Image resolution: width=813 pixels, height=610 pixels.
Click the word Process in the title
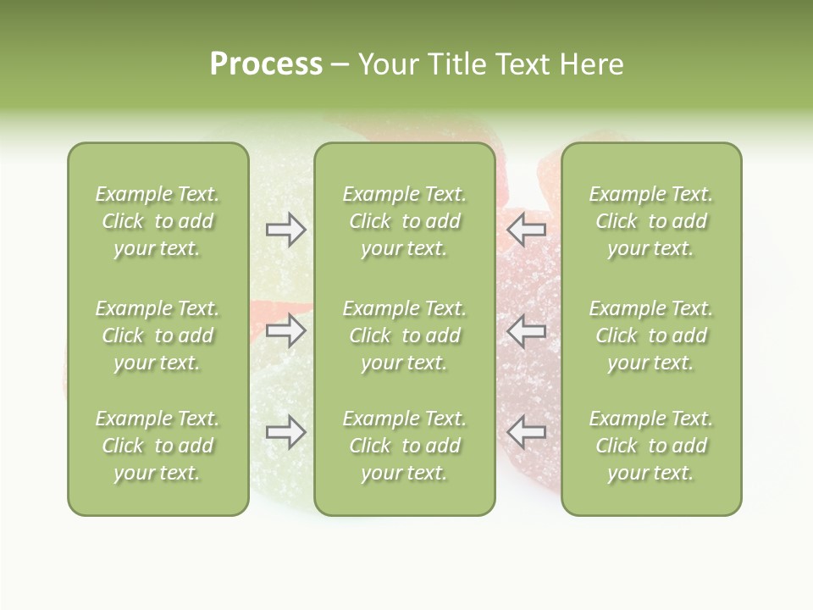pos(266,64)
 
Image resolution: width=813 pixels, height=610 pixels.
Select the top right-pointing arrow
pos(285,230)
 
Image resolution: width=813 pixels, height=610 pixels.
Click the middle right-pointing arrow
pos(285,330)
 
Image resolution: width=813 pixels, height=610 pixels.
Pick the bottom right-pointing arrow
pos(285,432)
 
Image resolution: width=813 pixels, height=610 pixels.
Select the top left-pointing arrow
pos(526,230)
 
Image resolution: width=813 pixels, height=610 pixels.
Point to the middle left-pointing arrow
pos(526,330)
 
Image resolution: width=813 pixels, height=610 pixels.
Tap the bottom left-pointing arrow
pos(526,432)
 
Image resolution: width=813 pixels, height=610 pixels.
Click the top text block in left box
pos(158,221)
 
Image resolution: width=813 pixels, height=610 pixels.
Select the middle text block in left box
pos(158,335)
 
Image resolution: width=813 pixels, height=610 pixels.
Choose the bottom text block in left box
pos(158,446)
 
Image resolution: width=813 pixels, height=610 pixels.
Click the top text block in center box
pos(404,221)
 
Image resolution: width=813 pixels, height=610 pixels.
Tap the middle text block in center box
pos(404,335)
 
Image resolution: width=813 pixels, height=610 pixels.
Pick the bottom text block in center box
pos(404,446)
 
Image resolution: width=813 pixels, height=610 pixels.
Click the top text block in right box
pos(650,221)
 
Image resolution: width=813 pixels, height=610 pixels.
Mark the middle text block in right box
pos(650,335)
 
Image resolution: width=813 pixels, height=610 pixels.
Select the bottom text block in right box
pos(650,446)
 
